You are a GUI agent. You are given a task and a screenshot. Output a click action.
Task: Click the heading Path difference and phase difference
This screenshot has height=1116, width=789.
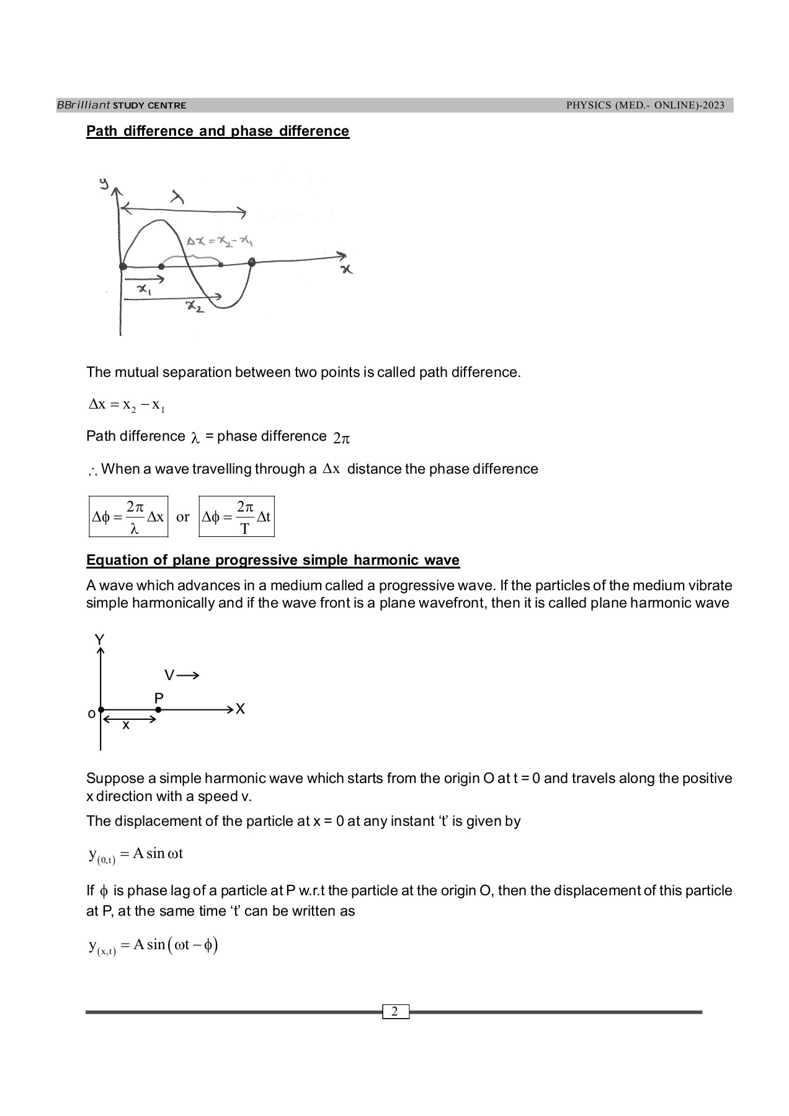217,131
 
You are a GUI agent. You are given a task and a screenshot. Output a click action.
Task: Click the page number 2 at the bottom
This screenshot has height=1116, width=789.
395,1012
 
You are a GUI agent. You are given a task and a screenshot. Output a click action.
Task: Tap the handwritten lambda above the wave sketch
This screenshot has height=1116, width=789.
178,198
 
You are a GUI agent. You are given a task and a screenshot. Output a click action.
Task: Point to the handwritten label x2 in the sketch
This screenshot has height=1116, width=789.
195,307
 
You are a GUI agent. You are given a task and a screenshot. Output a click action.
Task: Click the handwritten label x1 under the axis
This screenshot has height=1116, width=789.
145,290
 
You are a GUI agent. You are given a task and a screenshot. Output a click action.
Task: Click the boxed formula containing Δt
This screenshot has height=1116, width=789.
236,516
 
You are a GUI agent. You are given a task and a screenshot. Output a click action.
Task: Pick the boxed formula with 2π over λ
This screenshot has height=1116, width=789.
128,516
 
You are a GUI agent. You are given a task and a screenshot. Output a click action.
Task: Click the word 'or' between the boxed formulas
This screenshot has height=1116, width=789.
183,516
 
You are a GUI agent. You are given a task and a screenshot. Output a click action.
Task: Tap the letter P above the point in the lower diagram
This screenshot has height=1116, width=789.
159,698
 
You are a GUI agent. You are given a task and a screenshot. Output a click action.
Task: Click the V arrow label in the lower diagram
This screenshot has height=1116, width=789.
181,675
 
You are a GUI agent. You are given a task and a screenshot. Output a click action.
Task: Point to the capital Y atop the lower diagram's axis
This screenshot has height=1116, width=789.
99,639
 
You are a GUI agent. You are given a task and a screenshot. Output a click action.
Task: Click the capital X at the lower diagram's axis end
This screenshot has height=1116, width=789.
241,709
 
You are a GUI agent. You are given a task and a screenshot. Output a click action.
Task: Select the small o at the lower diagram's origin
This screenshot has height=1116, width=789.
91,714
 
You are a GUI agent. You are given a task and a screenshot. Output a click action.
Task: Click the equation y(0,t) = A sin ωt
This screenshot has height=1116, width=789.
135,855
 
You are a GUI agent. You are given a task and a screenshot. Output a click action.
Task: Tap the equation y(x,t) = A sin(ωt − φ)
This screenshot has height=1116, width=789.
153,946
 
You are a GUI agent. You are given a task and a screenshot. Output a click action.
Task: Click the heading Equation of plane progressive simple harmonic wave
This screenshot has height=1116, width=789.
272,560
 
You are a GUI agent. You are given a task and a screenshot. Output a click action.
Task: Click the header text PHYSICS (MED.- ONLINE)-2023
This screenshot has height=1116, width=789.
645,105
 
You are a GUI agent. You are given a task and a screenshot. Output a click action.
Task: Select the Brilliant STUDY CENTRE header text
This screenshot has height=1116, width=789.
122,105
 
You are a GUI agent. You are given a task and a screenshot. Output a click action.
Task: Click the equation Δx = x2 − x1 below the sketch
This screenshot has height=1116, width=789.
127,405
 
